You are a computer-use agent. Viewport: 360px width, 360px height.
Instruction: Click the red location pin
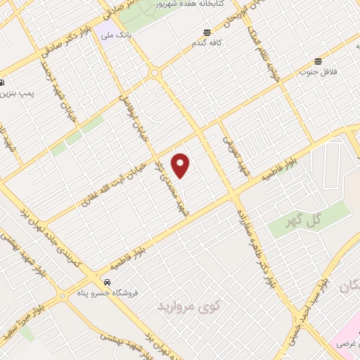click(x=181, y=165)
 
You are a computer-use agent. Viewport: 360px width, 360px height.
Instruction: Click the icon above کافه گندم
click(x=207, y=32)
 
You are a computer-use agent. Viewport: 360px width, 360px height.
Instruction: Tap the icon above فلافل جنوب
click(x=319, y=60)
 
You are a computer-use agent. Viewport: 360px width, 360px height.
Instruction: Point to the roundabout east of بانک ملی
click(x=154, y=72)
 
